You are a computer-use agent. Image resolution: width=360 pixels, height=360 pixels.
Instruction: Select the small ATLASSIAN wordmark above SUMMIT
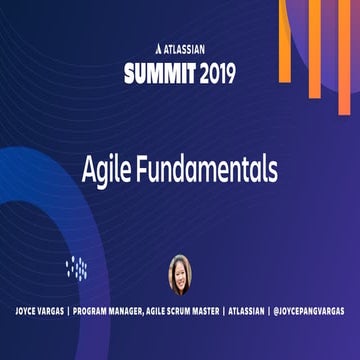click(186, 48)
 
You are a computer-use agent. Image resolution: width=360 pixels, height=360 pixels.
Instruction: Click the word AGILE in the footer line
click(184, 312)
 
